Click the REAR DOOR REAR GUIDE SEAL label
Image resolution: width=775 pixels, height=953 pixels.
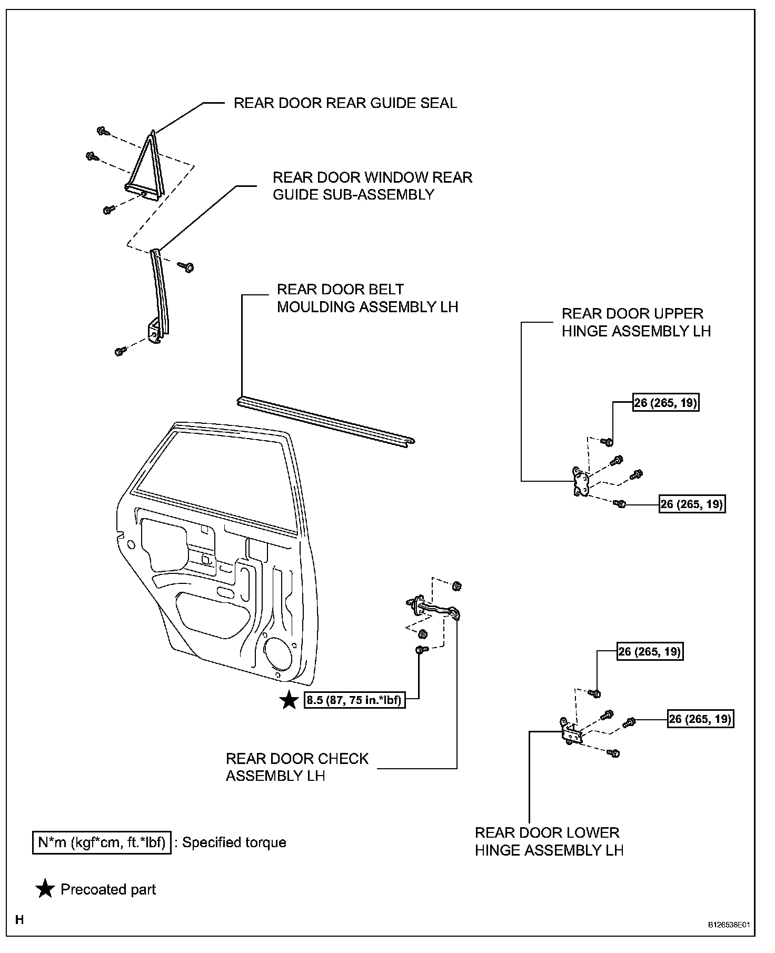coord(345,103)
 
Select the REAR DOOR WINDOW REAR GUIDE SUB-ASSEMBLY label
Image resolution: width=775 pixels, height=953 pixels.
coord(372,186)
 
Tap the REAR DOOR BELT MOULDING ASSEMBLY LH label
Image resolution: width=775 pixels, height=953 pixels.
coord(367,298)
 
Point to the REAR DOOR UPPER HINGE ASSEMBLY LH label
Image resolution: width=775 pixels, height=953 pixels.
coord(636,322)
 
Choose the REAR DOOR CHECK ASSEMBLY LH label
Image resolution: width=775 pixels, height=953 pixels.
coord(297,767)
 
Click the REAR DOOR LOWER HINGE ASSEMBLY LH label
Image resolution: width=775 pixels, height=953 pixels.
coord(549,841)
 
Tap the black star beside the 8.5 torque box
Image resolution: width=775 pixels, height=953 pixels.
coord(289,700)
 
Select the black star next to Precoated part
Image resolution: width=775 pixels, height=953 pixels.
coord(45,889)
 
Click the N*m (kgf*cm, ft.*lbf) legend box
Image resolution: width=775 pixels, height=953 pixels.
coord(102,843)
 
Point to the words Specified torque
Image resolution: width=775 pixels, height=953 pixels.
coord(234,843)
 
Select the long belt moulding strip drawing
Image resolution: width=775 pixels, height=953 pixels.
coord(325,421)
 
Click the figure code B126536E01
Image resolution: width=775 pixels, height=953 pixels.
coord(728,925)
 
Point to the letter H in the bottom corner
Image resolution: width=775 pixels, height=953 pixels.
coord(19,920)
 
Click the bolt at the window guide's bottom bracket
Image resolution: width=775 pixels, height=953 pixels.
coord(120,351)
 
